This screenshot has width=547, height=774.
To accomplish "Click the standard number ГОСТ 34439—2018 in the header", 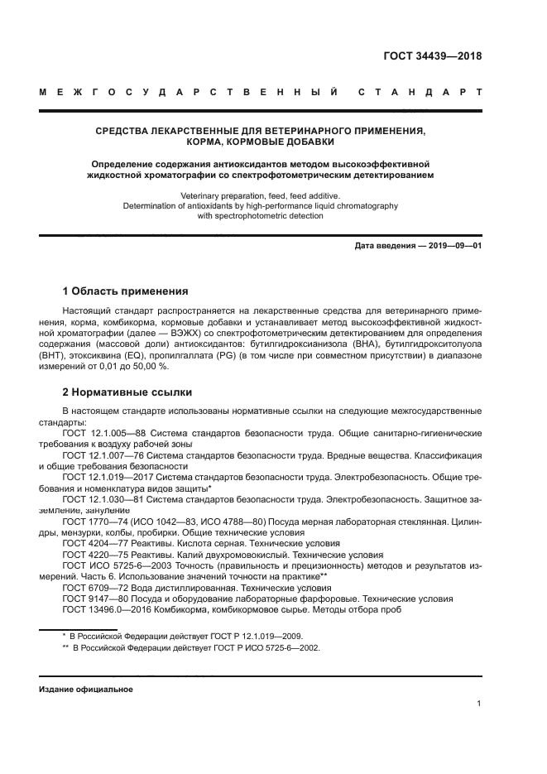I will (x=432, y=56).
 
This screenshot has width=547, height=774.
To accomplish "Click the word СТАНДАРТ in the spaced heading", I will (x=420, y=92).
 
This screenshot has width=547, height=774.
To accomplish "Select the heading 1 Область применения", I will (x=125, y=291).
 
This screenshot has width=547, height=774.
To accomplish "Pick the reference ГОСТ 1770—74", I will (x=94, y=522).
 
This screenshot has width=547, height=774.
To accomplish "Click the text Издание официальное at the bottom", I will (x=86, y=689).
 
